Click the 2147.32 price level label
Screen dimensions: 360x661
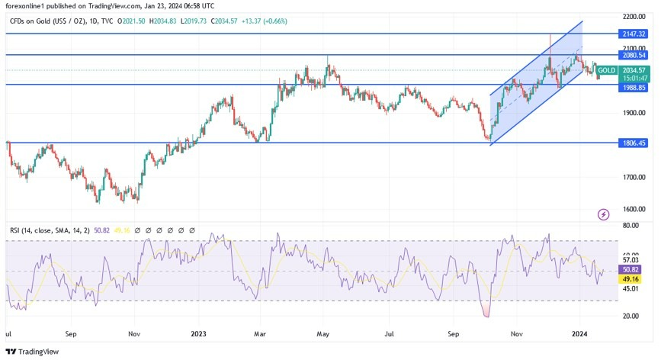click(x=633, y=34)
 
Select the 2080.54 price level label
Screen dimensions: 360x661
click(x=633, y=56)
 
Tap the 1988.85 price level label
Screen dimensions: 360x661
click(x=633, y=87)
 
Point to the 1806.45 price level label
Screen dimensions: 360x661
click(x=633, y=143)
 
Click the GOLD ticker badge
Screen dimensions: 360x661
click(x=608, y=69)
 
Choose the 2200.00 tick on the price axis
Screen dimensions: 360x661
click(x=633, y=16)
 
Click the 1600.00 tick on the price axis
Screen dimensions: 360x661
click(x=633, y=209)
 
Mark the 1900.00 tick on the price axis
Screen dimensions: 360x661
click(x=633, y=113)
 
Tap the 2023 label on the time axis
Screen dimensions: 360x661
click(x=199, y=333)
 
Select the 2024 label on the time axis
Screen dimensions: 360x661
click(x=579, y=333)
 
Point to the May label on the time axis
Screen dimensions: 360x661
click(x=323, y=333)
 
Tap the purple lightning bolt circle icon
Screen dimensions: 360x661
click(x=604, y=214)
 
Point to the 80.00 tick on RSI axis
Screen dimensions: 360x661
click(x=631, y=226)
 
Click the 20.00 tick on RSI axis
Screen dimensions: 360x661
click(x=631, y=315)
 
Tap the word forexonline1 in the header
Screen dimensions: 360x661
click(x=25, y=5)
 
